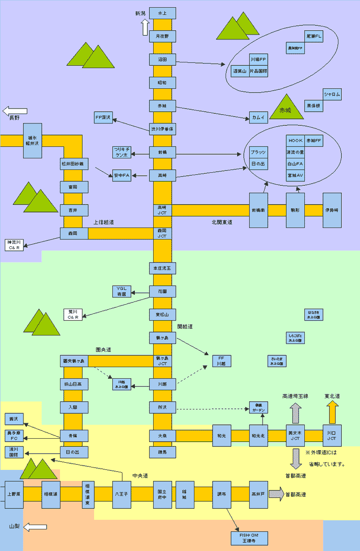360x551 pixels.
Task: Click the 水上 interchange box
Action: (x=162, y=13)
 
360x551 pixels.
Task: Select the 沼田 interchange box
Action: (x=162, y=60)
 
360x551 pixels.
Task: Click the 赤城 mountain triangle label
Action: (x=286, y=109)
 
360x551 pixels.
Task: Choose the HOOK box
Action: (x=295, y=141)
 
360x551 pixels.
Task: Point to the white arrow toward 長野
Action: (x=14, y=111)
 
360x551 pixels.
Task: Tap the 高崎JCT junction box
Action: (x=162, y=210)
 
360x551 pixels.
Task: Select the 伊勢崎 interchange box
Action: (x=332, y=210)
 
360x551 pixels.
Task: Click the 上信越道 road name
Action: (x=104, y=222)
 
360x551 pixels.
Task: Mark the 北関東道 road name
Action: (x=222, y=222)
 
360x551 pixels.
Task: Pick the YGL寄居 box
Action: (x=121, y=291)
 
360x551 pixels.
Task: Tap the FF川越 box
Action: (x=221, y=361)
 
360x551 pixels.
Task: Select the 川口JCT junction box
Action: (x=332, y=436)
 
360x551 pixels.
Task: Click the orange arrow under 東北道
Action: (x=332, y=412)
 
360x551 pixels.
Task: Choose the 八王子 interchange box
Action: (x=121, y=494)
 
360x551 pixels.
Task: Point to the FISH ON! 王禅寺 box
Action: (x=250, y=538)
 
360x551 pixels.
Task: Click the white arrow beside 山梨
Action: (x=35, y=527)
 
